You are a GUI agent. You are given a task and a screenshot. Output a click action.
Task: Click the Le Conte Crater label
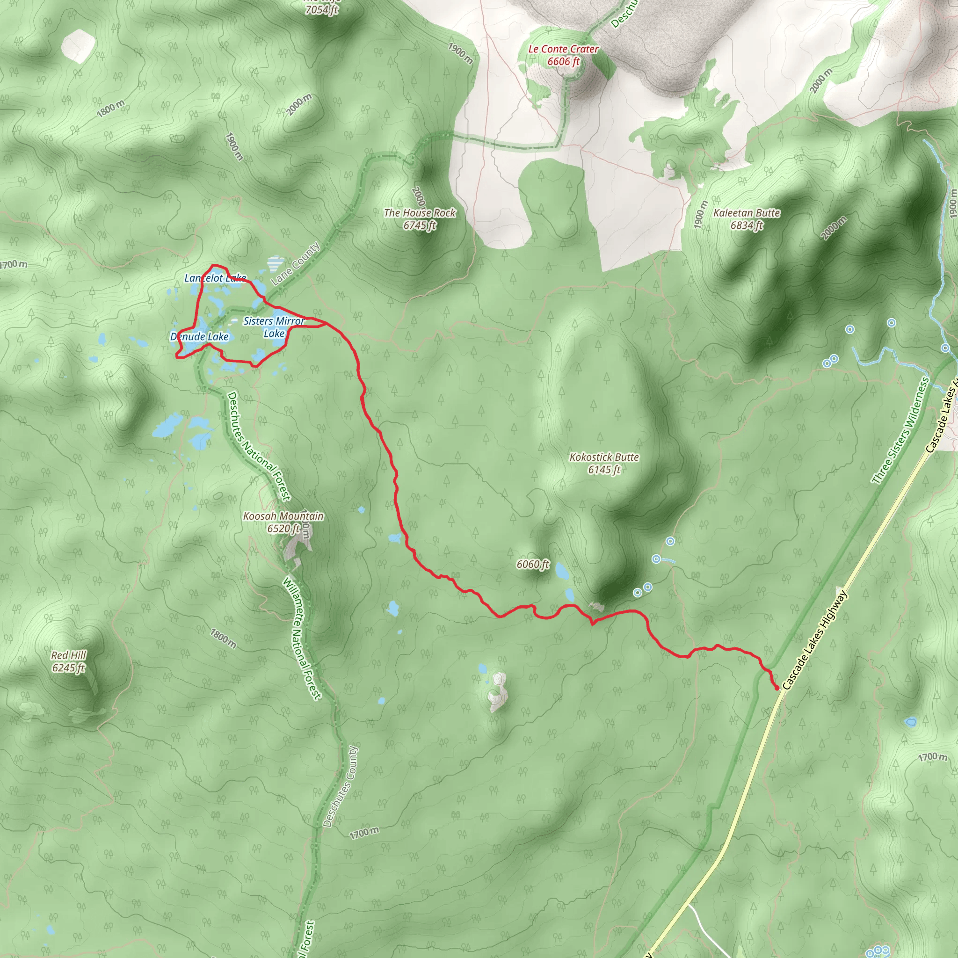(x=563, y=49)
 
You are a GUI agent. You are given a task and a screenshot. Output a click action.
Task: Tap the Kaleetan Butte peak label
(x=746, y=213)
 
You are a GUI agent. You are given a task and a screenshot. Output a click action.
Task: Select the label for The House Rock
(x=420, y=213)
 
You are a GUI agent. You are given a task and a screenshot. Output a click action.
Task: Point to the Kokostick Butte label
(x=604, y=457)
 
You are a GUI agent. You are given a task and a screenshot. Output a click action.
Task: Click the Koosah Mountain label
(x=283, y=516)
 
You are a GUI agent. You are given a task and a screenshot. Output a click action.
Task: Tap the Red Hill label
(x=68, y=655)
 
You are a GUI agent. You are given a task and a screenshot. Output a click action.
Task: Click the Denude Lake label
(x=199, y=337)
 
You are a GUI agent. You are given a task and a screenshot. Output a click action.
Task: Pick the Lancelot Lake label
(x=215, y=278)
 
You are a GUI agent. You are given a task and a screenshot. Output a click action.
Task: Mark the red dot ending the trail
(x=777, y=688)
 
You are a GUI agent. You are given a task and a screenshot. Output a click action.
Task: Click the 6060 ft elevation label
(x=532, y=564)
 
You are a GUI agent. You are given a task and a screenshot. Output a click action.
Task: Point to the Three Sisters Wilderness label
(x=900, y=431)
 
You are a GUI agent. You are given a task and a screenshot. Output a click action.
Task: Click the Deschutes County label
(x=340, y=786)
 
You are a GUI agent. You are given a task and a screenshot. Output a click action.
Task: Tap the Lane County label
(x=296, y=264)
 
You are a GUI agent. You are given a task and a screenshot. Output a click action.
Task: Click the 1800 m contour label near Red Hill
(x=223, y=639)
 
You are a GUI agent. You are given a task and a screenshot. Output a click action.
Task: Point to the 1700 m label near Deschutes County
(x=364, y=833)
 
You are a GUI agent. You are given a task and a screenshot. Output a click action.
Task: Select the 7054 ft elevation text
(x=321, y=9)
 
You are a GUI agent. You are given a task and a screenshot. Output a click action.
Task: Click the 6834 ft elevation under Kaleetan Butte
(x=746, y=225)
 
